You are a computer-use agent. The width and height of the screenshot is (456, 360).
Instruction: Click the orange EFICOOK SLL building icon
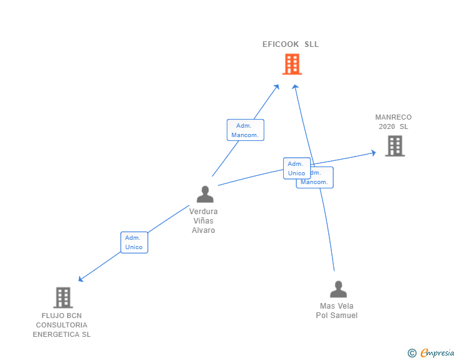[x=292, y=64]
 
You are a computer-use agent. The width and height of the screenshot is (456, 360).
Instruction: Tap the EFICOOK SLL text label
[x=291, y=44]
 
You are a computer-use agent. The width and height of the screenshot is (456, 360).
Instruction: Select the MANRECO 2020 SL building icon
[x=395, y=145]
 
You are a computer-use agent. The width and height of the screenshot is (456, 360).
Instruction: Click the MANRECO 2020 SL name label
[x=393, y=121]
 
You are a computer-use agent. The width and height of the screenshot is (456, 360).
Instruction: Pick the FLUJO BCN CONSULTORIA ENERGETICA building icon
[x=63, y=297]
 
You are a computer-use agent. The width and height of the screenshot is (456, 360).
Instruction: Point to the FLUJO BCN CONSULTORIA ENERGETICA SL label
[x=61, y=325]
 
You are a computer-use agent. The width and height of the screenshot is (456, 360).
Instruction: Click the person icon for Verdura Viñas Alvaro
[x=205, y=195]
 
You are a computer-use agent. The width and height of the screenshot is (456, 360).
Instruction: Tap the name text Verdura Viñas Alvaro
[x=204, y=221]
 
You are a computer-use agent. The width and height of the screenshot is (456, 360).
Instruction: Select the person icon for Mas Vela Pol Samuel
[x=338, y=289]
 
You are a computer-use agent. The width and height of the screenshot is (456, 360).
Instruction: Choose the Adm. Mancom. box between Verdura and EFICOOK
[x=245, y=130]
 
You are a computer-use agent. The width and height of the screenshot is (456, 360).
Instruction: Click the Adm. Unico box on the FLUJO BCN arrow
[x=134, y=242]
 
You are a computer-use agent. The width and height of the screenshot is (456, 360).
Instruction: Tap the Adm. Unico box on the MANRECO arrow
[x=296, y=168]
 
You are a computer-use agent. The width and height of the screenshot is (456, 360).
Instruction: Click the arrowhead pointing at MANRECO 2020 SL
[x=373, y=152]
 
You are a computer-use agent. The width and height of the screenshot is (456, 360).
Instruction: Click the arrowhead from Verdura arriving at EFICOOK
[x=277, y=86]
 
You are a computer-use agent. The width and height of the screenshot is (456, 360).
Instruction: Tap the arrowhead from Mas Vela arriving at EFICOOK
[x=296, y=86]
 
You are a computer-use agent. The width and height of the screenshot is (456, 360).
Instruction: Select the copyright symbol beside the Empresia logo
[x=412, y=353]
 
